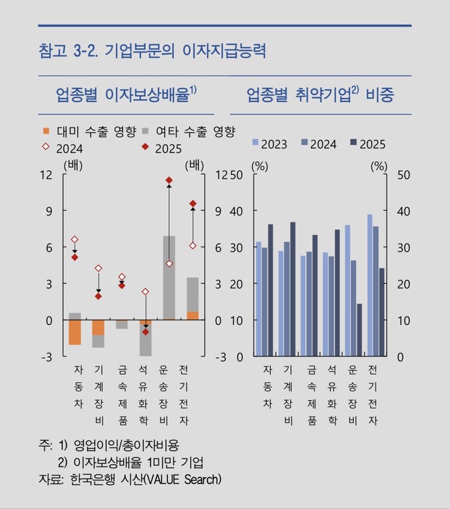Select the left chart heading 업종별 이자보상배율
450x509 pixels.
click(126, 95)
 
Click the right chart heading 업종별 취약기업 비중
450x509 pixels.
click(320, 95)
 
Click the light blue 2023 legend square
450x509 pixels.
click(255, 142)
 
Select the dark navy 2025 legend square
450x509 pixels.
click(353, 142)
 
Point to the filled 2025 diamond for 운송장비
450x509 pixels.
click(169, 180)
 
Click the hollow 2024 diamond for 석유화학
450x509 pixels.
click(145, 292)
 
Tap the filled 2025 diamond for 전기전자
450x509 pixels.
click(193, 203)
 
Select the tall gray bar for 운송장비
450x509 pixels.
click(169, 277)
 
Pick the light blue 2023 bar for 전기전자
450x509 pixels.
click(370, 285)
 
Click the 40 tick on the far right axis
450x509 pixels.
click(403, 211)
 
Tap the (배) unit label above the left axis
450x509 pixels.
click(71, 163)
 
